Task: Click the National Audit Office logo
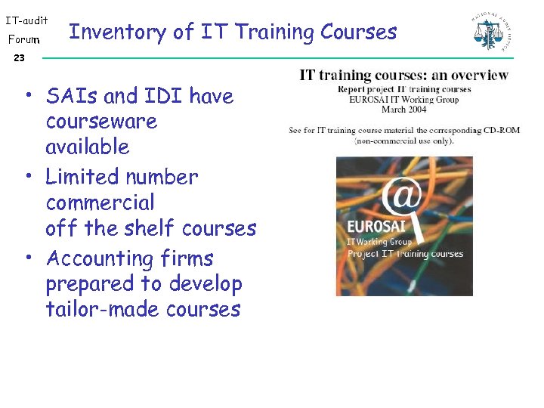click(491, 32)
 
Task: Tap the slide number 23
click(19, 58)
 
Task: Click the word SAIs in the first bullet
click(72, 97)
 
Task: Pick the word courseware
click(101, 122)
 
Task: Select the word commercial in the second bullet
click(100, 202)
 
